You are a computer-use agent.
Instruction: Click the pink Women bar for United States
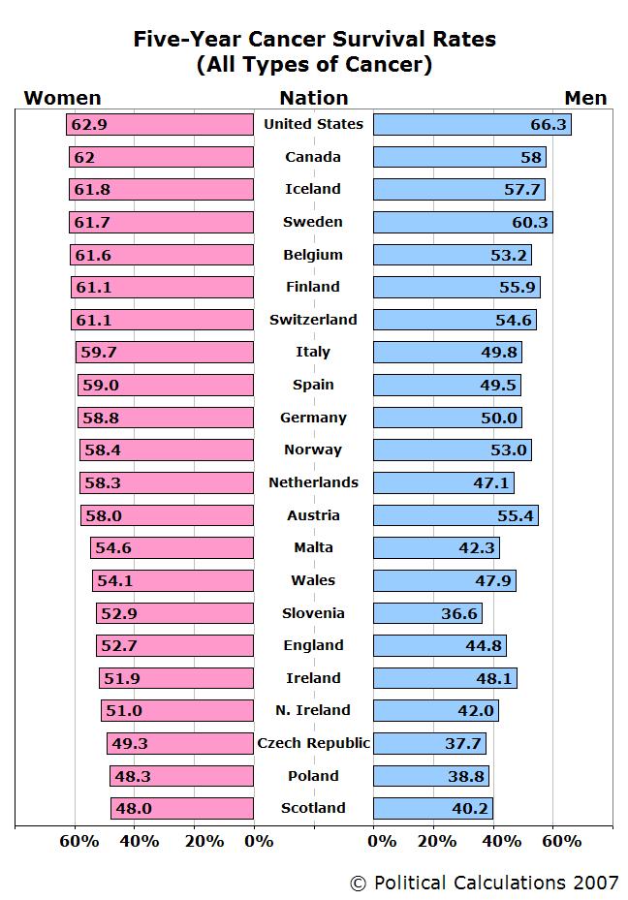click(x=160, y=124)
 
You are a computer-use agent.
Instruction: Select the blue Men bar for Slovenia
click(x=427, y=613)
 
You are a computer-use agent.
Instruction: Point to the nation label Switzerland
click(x=313, y=320)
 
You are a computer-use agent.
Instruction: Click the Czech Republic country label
click(x=313, y=743)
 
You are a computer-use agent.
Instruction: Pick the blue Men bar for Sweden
click(x=462, y=222)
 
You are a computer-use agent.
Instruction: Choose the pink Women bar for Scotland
click(x=181, y=808)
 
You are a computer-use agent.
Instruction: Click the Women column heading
click(x=62, y=98)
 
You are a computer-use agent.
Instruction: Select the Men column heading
click(x=585, y=98)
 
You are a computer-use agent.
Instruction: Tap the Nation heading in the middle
click(x=313, y=98)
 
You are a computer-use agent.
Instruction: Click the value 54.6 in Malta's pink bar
click(x=113, y=548)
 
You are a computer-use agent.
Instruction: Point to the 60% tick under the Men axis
click(x=561, y=841)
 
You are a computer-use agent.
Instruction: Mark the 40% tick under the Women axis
click(x=140, y=841)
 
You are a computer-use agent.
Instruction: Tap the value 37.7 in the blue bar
click(x=463, y=744)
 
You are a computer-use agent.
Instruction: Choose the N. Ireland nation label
click(x=313, y=710)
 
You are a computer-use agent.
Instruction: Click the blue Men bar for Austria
click(x=455, y=515)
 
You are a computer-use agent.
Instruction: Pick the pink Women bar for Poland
click(x=181, y=776)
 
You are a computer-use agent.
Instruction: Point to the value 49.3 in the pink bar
click(x=130, y=744)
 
